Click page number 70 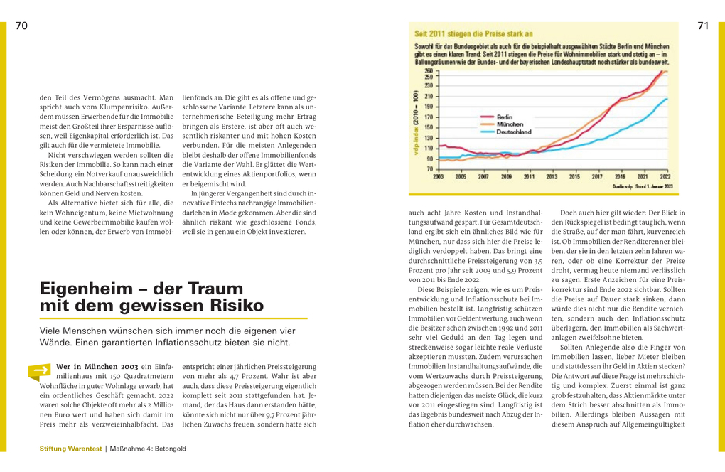click(x=21, y=26)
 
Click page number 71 click(x=703, y=26)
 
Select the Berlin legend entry click(x=504, y=116)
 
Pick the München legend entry click(x=509, y=124)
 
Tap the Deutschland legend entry click(x=515, y=132)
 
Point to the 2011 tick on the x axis click(x=529, y=176)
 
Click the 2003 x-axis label click(x=438, y=176)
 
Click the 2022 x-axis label click(x=665, y=176)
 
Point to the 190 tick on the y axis click(x=429, y=106)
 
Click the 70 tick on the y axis click(x=430, y=168)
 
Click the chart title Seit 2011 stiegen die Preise click(x=473, y=33)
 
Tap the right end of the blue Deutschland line click(x=667, y=99)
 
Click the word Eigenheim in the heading click(x=86, y=289)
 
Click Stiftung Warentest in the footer click(x=71, y=449)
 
